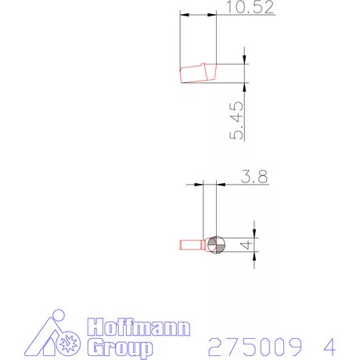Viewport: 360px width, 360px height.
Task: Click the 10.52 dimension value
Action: pyautogui.click(x=250, y=7)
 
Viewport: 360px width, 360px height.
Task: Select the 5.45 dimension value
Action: pyautogui.click(x=236, y=121)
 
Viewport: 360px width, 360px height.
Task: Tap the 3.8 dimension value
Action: pyautogui.click(x=254, y=176)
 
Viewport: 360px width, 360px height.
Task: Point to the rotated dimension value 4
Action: pyautogui.click(x=246, y=245)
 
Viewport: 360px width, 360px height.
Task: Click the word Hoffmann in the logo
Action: pyautogui.click(x=139, y=327)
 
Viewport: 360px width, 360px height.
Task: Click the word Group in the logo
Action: pyautogui.click(x=120, y=347)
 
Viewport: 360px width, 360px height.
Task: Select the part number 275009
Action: pyautogui.click(x=255, y=347)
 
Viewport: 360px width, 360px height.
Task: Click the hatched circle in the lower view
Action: pyautogui.click(x=216, y=245)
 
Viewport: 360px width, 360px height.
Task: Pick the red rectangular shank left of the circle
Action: pyautogui.click(x=191, y=245)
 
